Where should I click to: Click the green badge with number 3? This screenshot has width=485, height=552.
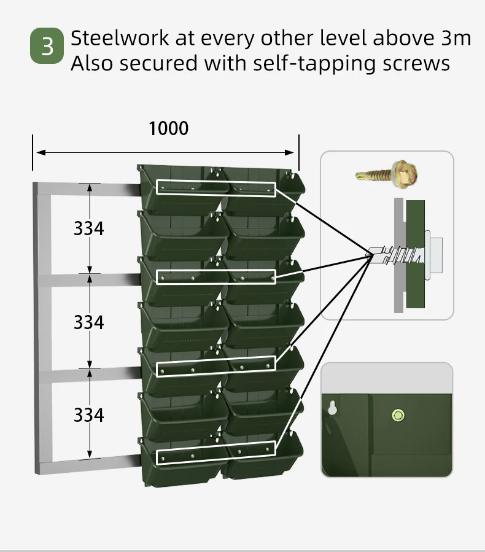click(47, 46)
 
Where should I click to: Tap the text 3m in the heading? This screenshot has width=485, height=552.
click(456, 38)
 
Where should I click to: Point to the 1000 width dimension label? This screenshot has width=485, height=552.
click(169, 128)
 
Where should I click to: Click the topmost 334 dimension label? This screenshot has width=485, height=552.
click(89, 228)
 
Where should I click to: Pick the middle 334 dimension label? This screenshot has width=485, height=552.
click(89, 322)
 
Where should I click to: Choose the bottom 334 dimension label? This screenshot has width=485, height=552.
click(89, 415)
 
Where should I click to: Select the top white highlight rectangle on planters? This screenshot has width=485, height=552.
click(215, 187)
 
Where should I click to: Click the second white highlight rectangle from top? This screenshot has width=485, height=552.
click(215, 277)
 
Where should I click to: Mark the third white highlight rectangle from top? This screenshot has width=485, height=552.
click(215, 366)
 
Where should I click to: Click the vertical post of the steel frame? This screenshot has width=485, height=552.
click(42, 325)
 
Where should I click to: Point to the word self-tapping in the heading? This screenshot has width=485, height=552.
click(289, 63)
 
